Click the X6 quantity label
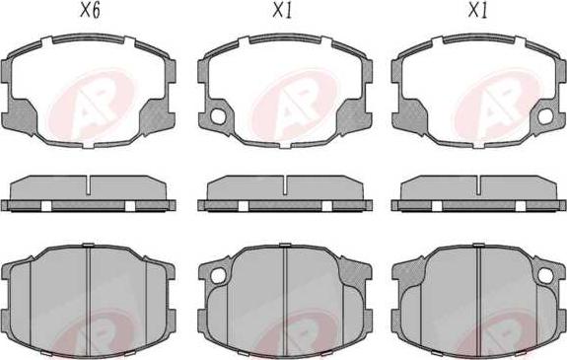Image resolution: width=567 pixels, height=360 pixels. (x=90, y=11)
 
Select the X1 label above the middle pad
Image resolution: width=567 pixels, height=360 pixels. (x=282, y=11)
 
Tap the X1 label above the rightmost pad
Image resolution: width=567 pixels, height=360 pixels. (x=477, y=11)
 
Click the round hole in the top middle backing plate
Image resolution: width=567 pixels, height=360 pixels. (x=218, y=116)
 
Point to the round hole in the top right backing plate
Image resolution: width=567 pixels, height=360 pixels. (x=545, y=116)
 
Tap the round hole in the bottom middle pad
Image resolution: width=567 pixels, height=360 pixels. (x=218, y=276)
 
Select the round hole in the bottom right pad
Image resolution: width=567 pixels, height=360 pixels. (x=545, y=276)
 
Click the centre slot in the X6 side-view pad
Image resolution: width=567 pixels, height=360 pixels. (x=89, y=185)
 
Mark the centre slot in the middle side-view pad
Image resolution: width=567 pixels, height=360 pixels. (x=285, y=185)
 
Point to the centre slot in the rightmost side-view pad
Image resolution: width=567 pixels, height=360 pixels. (x=479, y=185)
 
